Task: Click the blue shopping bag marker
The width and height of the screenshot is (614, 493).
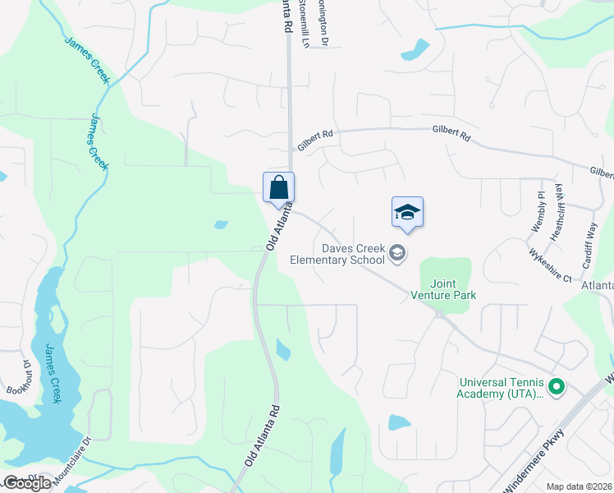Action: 278,187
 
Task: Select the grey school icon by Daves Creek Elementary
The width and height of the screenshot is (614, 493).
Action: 398,253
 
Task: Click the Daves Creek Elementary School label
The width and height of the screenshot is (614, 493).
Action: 338,254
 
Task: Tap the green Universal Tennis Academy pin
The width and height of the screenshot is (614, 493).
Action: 557,385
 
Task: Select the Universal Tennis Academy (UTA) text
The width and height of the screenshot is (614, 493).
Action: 502,388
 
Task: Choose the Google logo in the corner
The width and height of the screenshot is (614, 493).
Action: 26,483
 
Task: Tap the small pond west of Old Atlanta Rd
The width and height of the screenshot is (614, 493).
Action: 221,224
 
